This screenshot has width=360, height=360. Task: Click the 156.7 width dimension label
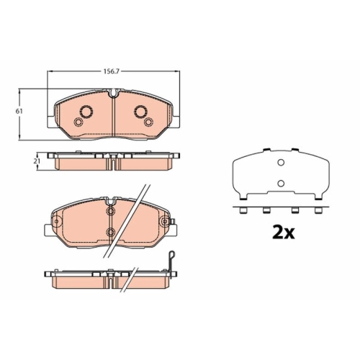[x=112, y=71]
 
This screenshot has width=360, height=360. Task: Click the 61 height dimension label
[x=19, y=112]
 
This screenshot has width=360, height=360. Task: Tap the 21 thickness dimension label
[x=37, y=161]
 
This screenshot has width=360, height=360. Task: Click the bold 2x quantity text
[x=283, y=233]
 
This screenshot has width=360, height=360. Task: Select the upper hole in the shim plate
[x=281, y=163]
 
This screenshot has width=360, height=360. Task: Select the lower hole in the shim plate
[x=281, y=184]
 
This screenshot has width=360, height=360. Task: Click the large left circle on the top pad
[x=86, y=112]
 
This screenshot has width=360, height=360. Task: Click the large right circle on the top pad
[x=141, y=112]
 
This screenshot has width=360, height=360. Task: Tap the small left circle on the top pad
[x=78, y=122]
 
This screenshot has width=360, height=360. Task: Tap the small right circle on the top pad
[x=148, y=122]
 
